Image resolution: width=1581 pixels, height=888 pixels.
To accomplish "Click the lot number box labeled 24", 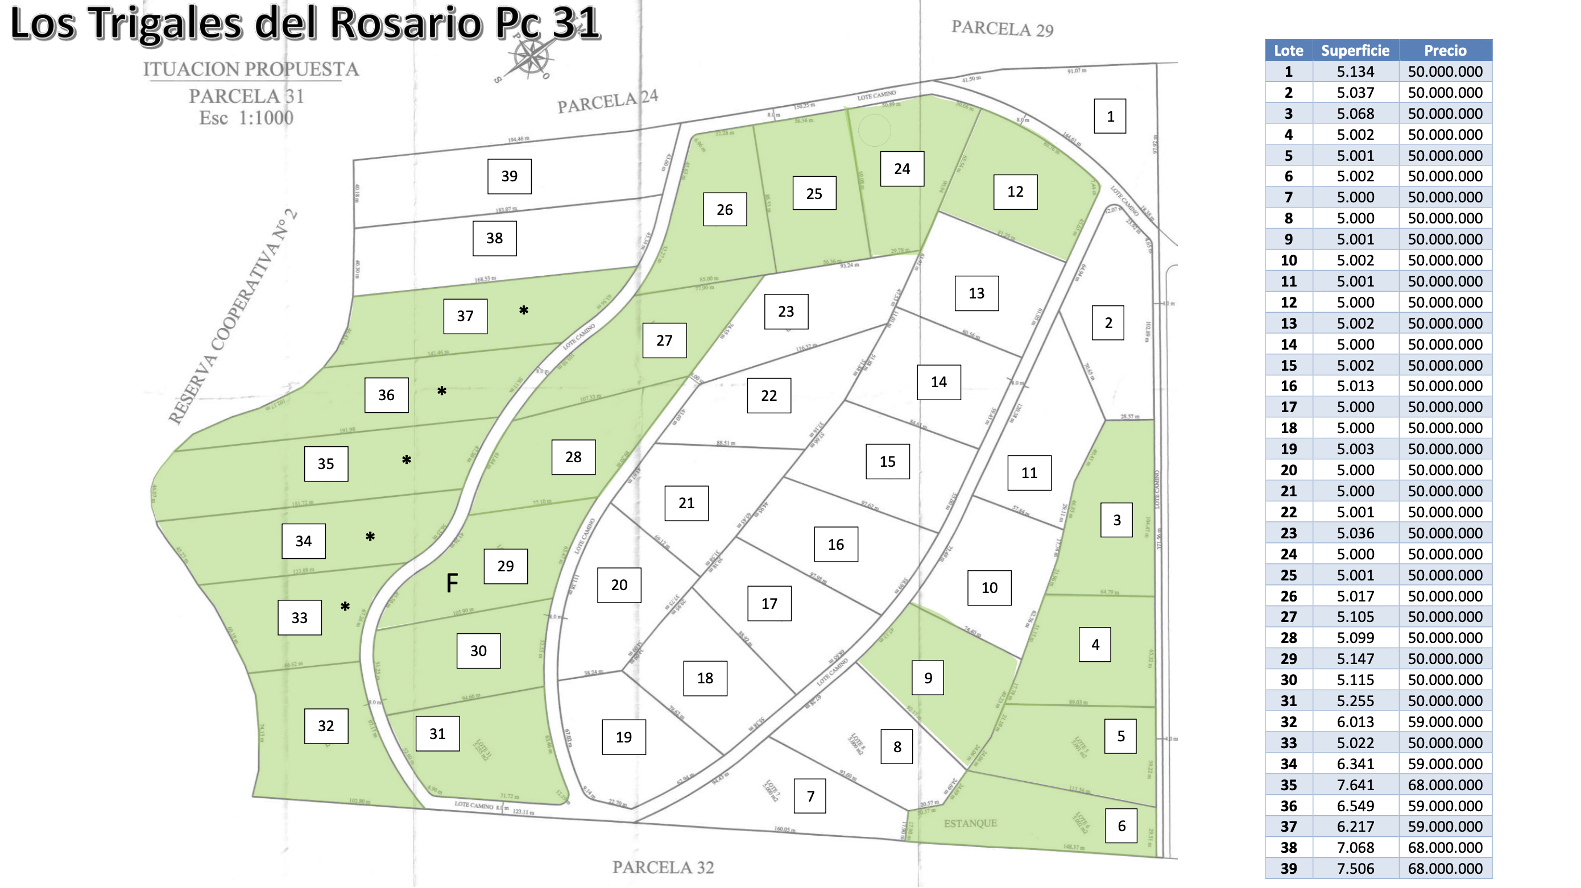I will point(901,169).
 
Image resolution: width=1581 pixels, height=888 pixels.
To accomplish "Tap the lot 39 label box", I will point(509,176).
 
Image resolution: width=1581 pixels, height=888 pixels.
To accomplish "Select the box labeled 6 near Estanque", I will point(1121,825).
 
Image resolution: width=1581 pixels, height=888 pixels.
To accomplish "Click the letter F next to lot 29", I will point(452,583).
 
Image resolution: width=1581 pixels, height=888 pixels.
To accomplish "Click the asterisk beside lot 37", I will point(524,310).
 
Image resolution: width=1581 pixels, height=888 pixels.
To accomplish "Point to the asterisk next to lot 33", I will point(345,607).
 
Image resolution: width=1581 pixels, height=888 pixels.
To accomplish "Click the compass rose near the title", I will point(530,59).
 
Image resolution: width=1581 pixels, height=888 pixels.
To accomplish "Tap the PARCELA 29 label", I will point(1001,28).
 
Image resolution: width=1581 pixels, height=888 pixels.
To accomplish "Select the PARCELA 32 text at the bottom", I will point(663,866).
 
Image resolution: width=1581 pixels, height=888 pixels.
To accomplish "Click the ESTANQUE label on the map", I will point(970,823).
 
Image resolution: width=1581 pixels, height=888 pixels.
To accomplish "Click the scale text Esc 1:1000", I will point(246,117).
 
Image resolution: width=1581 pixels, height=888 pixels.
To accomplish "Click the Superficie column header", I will point(1355,51).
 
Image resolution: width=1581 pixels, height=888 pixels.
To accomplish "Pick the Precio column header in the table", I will point(1445,51).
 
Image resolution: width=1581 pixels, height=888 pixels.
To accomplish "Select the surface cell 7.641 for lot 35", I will point(1355,785).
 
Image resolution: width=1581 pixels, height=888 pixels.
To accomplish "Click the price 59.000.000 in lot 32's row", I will point(1445,721).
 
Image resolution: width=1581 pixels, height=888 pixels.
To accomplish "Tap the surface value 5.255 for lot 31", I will point(1355,701).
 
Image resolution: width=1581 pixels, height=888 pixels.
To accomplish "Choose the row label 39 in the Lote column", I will point(1288,868).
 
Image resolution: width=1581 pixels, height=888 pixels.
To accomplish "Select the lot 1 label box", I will point(1110,116).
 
